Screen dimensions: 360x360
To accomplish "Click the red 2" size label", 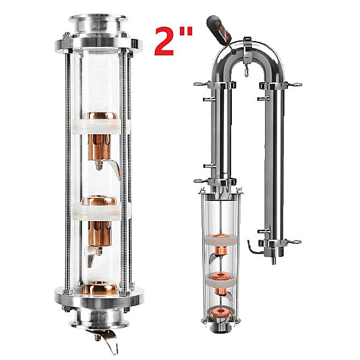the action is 174,41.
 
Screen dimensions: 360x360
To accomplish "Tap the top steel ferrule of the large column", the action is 98,24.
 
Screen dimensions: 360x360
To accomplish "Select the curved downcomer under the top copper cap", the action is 114,169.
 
